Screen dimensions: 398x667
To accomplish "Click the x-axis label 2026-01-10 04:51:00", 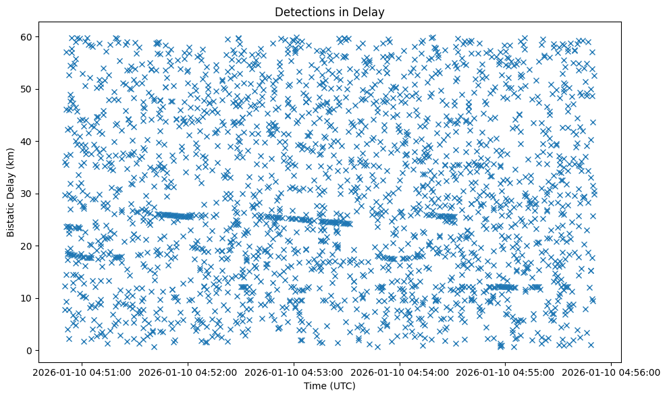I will [82, 372].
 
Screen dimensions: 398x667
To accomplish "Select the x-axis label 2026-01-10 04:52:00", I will [188, 372].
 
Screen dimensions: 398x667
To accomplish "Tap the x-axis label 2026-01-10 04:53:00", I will [294, 372].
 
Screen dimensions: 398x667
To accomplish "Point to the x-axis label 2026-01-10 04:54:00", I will [400, 372].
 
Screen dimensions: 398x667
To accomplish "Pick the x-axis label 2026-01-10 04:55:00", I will [506, 372].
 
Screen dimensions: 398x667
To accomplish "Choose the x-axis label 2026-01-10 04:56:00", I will [612, 372].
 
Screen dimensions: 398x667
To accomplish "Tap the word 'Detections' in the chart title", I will [303, 11].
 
